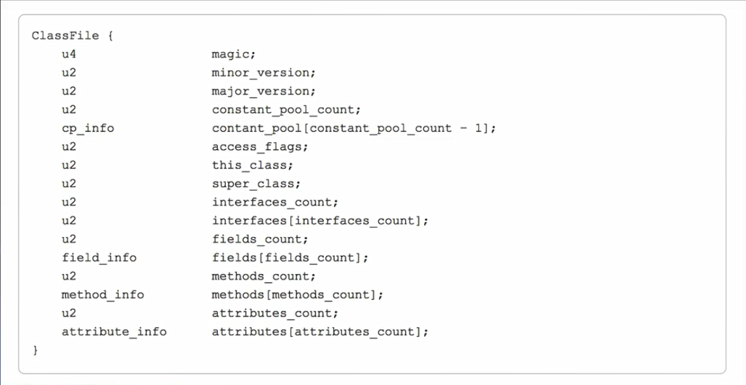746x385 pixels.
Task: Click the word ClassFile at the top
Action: click(65, 36)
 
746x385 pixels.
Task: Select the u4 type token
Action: click(69, 55)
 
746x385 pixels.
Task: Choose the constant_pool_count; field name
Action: click(286, 110)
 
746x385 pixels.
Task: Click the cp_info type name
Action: click(88, 128)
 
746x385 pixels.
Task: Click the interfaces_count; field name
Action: click(275, 202)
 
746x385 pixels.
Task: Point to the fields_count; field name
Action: click(260, 239)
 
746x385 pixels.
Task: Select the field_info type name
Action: click(99, 258)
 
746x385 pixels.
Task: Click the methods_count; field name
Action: click(263, 277)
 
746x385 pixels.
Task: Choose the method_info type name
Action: click(103, 295)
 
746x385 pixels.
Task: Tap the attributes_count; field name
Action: click(275, 313)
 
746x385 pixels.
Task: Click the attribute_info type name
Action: click(114, 332)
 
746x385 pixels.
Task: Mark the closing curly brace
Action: click(35, 350)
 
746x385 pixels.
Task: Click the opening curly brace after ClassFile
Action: click(110, 36)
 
